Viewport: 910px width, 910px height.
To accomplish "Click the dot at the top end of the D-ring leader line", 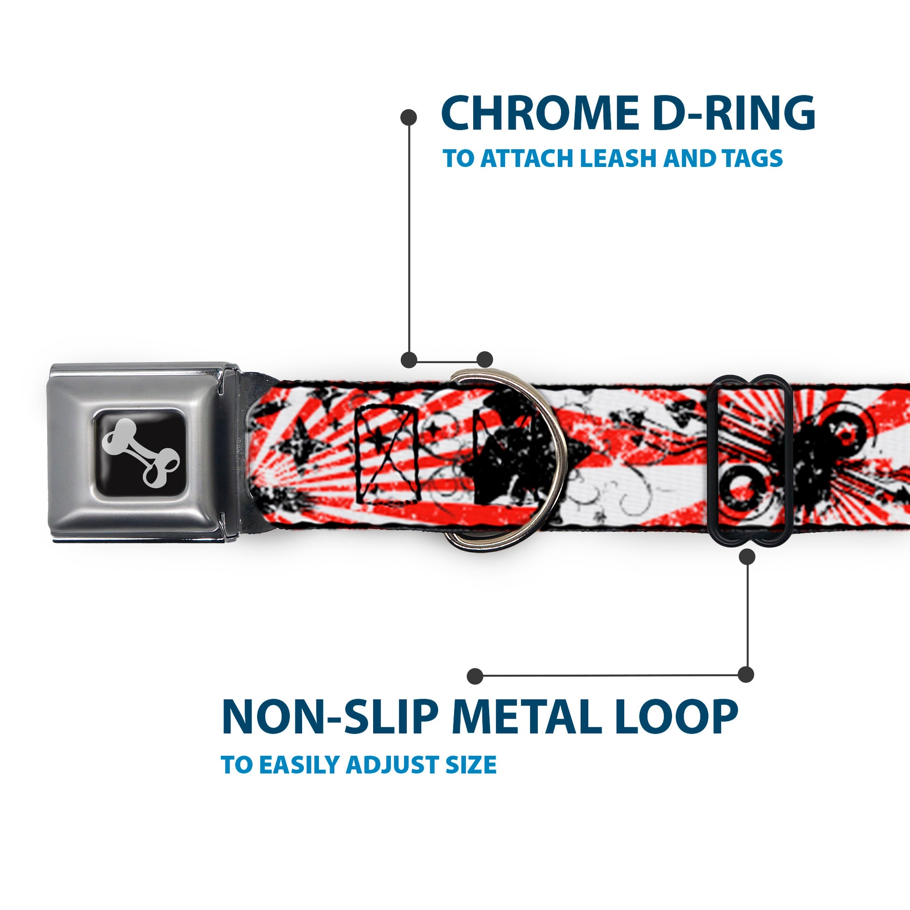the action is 408,117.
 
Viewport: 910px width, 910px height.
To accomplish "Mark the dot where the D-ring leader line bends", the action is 409,360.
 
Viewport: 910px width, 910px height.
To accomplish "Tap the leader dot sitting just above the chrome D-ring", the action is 484,360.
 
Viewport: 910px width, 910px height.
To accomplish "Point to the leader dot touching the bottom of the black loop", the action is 747,557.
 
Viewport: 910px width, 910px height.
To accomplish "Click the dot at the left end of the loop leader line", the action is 475,676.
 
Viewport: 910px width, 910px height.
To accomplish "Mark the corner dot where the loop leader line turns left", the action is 745,674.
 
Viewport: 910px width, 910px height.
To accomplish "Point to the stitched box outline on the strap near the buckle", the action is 388,453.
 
